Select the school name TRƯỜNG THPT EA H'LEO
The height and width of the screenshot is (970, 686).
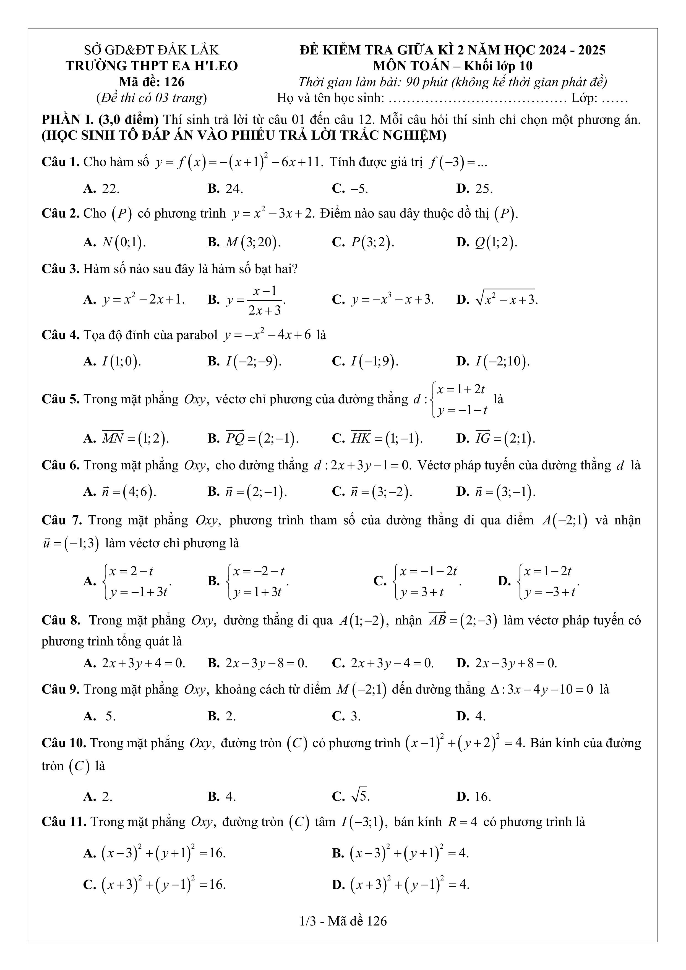(152, 66)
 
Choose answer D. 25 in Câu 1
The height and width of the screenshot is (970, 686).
(474, 189)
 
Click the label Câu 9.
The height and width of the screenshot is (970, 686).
(61, 689)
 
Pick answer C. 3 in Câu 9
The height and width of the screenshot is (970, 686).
(346, 716)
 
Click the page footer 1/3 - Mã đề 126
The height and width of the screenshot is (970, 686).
(343, 921)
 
